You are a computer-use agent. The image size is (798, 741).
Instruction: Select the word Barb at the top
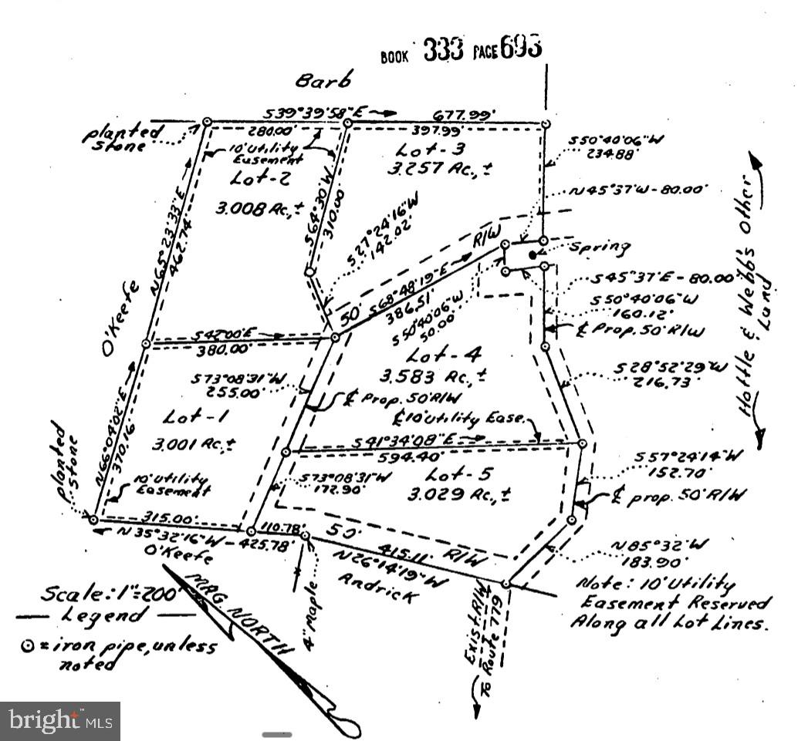click(325, 81)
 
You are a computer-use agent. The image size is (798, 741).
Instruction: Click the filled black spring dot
click(533, 254)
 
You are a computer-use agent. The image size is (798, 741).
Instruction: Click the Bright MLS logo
click(60, 721)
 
